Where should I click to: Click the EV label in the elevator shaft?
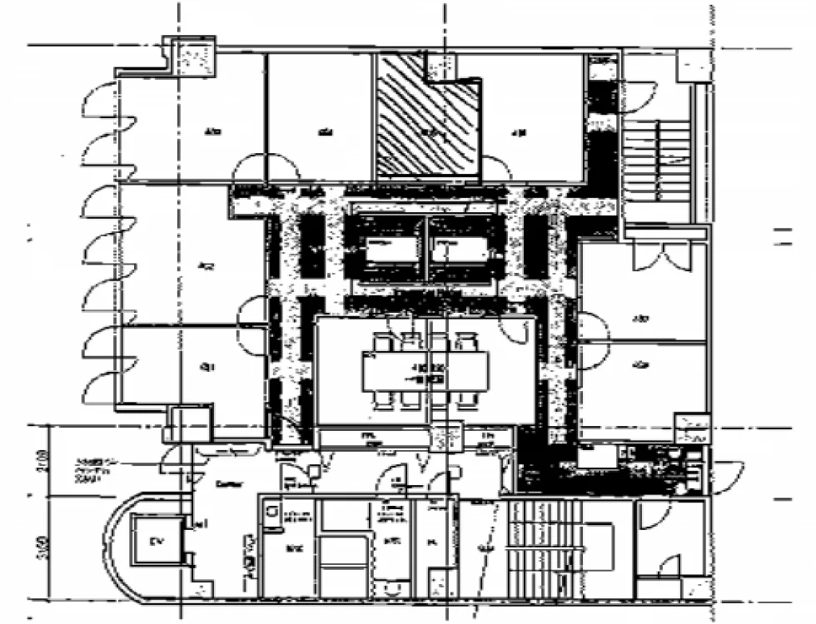[154, 542]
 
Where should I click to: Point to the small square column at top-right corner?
[693, 65]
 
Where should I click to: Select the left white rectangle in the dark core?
[391, 250]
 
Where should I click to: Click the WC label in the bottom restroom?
[294, 549]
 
